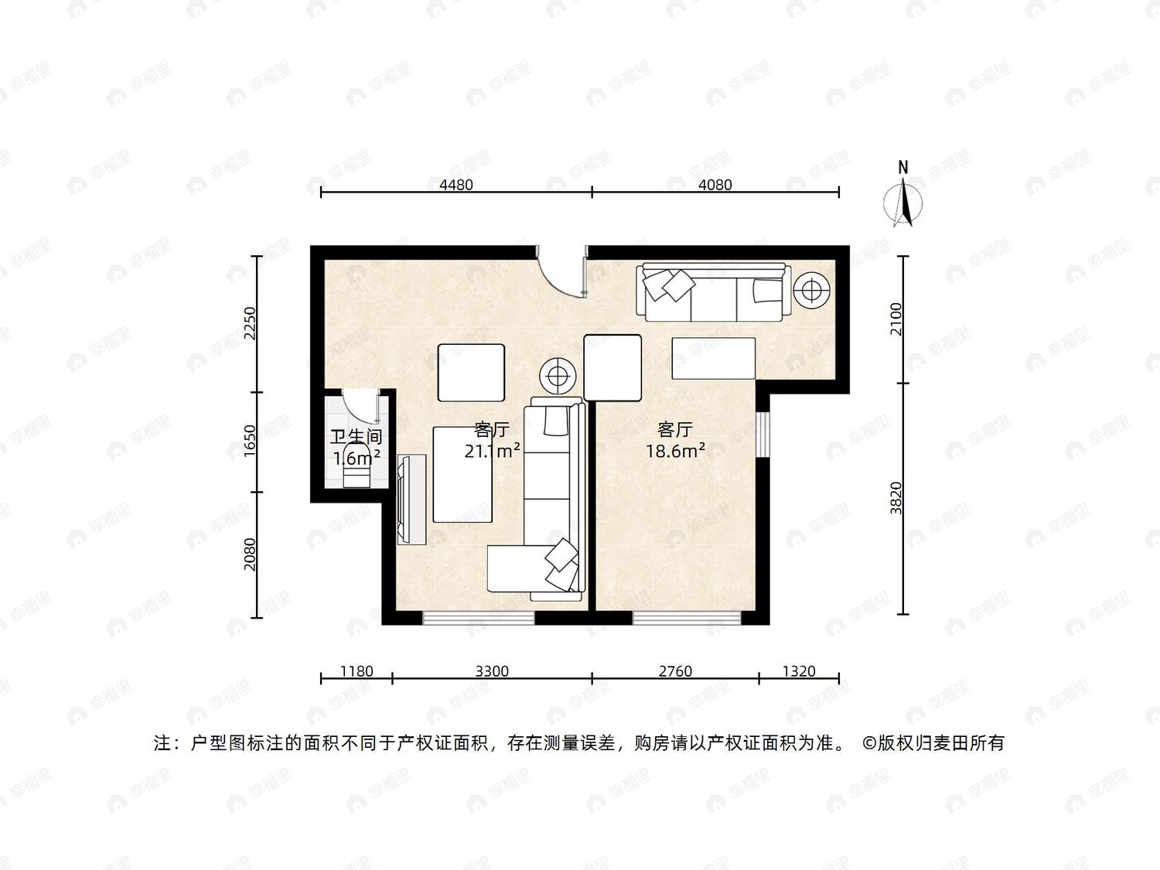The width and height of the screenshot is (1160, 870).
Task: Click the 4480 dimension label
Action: [456, 185]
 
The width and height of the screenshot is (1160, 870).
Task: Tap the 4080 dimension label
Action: [715, 185]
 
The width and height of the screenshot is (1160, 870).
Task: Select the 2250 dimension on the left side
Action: [250, 323]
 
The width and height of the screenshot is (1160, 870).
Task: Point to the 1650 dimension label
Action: [250, 441]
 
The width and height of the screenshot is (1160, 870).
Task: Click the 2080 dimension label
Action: [250, 554]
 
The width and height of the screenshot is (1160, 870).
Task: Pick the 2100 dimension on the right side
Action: [896, 319]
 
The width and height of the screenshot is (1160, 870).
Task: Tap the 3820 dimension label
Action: [896, 497]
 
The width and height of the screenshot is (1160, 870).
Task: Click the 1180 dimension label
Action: [357, 670]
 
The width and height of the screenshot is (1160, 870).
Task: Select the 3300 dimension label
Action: [492, 670]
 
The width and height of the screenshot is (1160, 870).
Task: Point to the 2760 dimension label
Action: [675, 670]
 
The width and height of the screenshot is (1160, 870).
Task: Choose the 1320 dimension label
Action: [799, 670]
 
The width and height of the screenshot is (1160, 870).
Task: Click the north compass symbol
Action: [903, 196]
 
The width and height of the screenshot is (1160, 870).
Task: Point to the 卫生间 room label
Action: [357, 437]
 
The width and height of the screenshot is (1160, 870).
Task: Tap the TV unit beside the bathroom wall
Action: [411, 499]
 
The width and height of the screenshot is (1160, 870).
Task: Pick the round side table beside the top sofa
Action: [813, 289]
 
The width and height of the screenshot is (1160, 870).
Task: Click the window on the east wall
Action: [762, 434]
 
